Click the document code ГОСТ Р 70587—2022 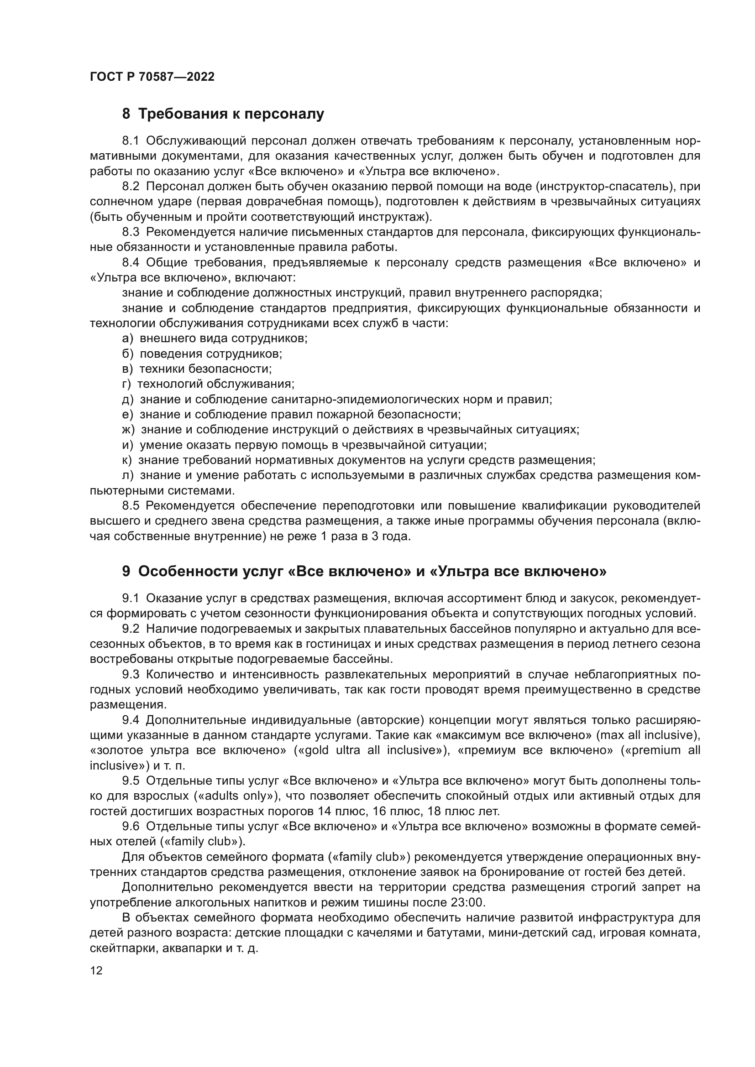[x=152, y=77]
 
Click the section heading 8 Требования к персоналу [x=223, y=114]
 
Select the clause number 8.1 [x=131, y=141]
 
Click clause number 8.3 [x=131, y=232]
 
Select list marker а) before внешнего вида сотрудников [x=127, y=338]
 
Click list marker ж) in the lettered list [x=128, y=429]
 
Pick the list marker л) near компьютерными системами [x=127, y=475]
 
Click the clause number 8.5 [x=131, y=505]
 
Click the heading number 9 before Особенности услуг [x=126, y=572]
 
